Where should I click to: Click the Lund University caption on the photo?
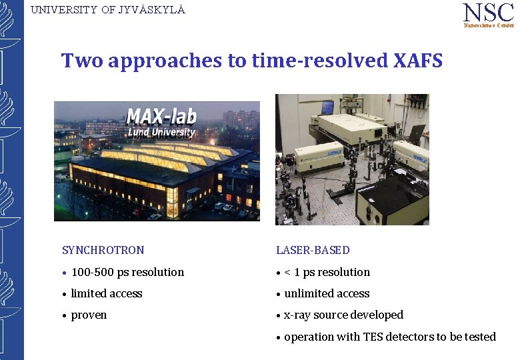tap(161, 132)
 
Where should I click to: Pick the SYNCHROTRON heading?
tap(103, 251)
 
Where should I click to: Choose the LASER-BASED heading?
tap(313, 251)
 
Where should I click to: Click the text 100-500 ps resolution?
tap(127, 272)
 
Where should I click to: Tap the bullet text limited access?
tap(107, 293)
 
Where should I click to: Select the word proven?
tap(89, 315)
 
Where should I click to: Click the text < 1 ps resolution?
tap(327, 272)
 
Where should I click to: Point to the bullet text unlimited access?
tap(327, 293)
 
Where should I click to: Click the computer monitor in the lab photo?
tap(327, 107)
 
